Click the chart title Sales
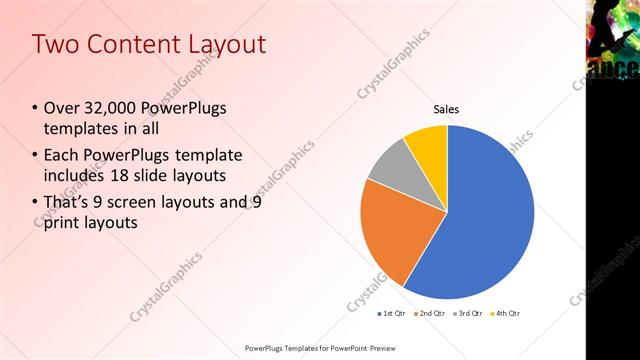[x=446, y=110]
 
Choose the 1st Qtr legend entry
[x=393, y=314]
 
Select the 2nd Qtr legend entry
[x=429, y=314]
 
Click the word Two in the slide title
[x=55, y=44]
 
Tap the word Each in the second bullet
[x=63, y=155]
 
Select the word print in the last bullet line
[x=65, y=222]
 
